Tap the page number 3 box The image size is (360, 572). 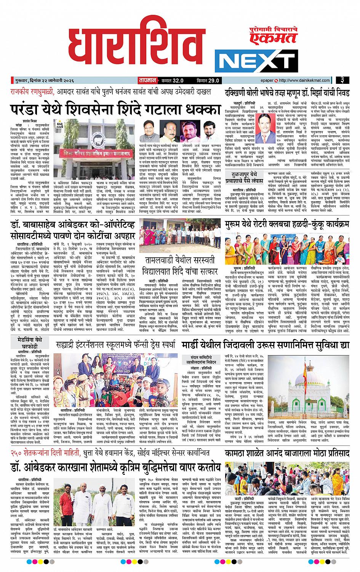(343, 80)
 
